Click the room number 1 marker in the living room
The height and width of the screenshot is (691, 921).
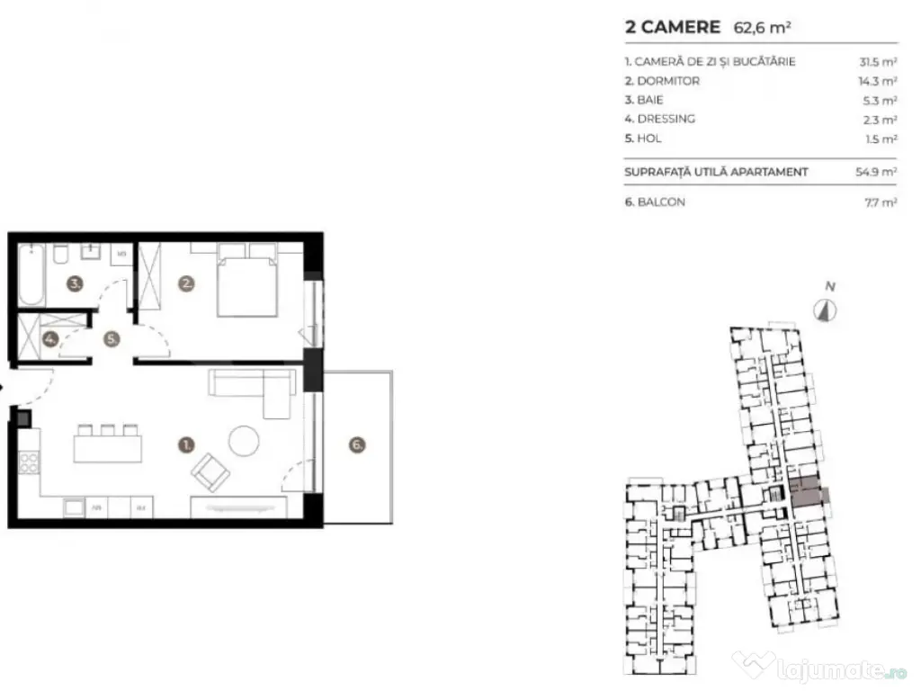tap(186, 444)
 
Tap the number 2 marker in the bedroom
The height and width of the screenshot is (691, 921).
tap(186, 284)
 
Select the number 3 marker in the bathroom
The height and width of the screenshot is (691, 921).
tap(76, 284)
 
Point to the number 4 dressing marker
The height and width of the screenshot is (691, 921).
tap(50, 340)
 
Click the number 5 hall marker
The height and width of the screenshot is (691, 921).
tap(111, 340)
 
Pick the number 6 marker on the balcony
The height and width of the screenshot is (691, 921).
tap(357, 444)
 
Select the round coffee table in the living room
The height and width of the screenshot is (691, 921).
tap(245, 440)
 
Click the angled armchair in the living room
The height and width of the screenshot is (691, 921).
tap(211, 471)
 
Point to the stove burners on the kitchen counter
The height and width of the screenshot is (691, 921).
tap(29, 462)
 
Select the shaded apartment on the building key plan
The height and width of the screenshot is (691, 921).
tap(805, 491)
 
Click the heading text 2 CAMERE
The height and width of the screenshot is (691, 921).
tap(673, 27)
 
